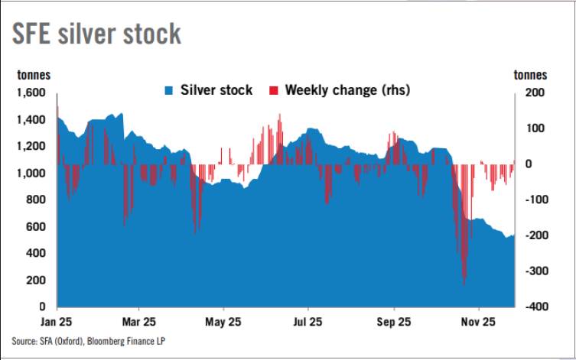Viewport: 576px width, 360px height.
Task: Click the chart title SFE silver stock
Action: (96, 34)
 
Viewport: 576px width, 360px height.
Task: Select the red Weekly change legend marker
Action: (273, 90)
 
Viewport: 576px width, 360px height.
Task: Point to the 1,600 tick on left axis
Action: (31, 93)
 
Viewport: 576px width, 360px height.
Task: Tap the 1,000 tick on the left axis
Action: (31, 174)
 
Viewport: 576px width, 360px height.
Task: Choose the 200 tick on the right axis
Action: (534, 93)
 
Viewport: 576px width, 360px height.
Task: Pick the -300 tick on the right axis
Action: (535, 271)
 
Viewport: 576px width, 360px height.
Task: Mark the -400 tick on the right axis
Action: (535, 306)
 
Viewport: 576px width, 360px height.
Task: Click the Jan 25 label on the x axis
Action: (58, 322)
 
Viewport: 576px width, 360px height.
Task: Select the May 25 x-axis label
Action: (224, 322)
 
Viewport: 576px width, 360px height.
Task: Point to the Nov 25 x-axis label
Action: (479, 322)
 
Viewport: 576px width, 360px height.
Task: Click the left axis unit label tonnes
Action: (35, 75)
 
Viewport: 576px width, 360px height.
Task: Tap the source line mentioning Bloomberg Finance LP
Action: (88, 341)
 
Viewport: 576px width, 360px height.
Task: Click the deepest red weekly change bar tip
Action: (464, 284)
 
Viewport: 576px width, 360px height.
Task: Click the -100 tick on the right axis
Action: (535, 199)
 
